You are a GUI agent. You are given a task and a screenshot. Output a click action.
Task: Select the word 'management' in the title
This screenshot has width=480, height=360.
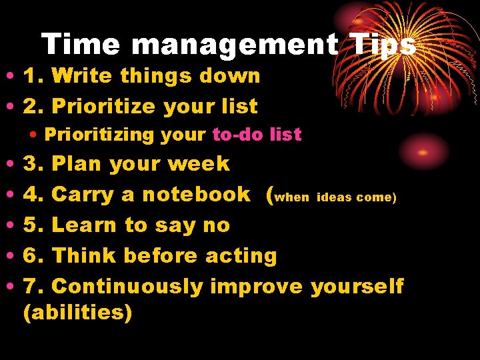(x=235, y=45)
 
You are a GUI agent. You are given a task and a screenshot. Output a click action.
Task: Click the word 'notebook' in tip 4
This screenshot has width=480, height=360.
(x=196, y=194)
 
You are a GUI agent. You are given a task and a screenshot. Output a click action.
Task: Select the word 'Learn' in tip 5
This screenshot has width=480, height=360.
(x=85, y=225)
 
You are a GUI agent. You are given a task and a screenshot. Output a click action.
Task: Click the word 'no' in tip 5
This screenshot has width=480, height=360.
(x=216, y=225)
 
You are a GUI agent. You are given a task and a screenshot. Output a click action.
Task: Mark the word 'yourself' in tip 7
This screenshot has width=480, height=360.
(x=357, y=287)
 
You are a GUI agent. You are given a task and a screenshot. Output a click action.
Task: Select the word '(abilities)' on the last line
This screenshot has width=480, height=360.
(x=77, y=312)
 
